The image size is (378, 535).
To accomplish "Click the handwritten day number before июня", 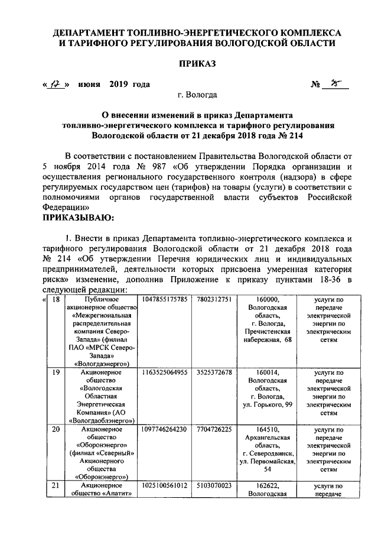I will pyautogui.click(x=57, y=85).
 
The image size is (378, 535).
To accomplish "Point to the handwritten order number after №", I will pyautogui.click(x=335, y=84).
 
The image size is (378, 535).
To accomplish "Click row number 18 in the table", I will pyautogui.click(x=56, y=300).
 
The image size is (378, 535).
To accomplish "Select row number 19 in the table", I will pyautogui.click(x=56, y=372).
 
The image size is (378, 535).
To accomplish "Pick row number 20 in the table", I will pyautogui.click(x=56, y=429).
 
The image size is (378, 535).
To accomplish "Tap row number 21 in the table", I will pyautogui.click(x=56, y=485).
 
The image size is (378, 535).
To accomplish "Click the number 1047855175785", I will pyautogui.click(x=165, y=300).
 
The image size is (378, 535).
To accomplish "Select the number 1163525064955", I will pyautogui.click(x=165, y=372).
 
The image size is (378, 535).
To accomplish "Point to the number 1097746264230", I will pyautogui.click(x=165, y=429).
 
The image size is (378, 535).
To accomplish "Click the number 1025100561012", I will pyautogui.click(x=165, y=485).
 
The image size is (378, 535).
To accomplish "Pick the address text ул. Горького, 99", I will pyautogui.click(x=268, y=405).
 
